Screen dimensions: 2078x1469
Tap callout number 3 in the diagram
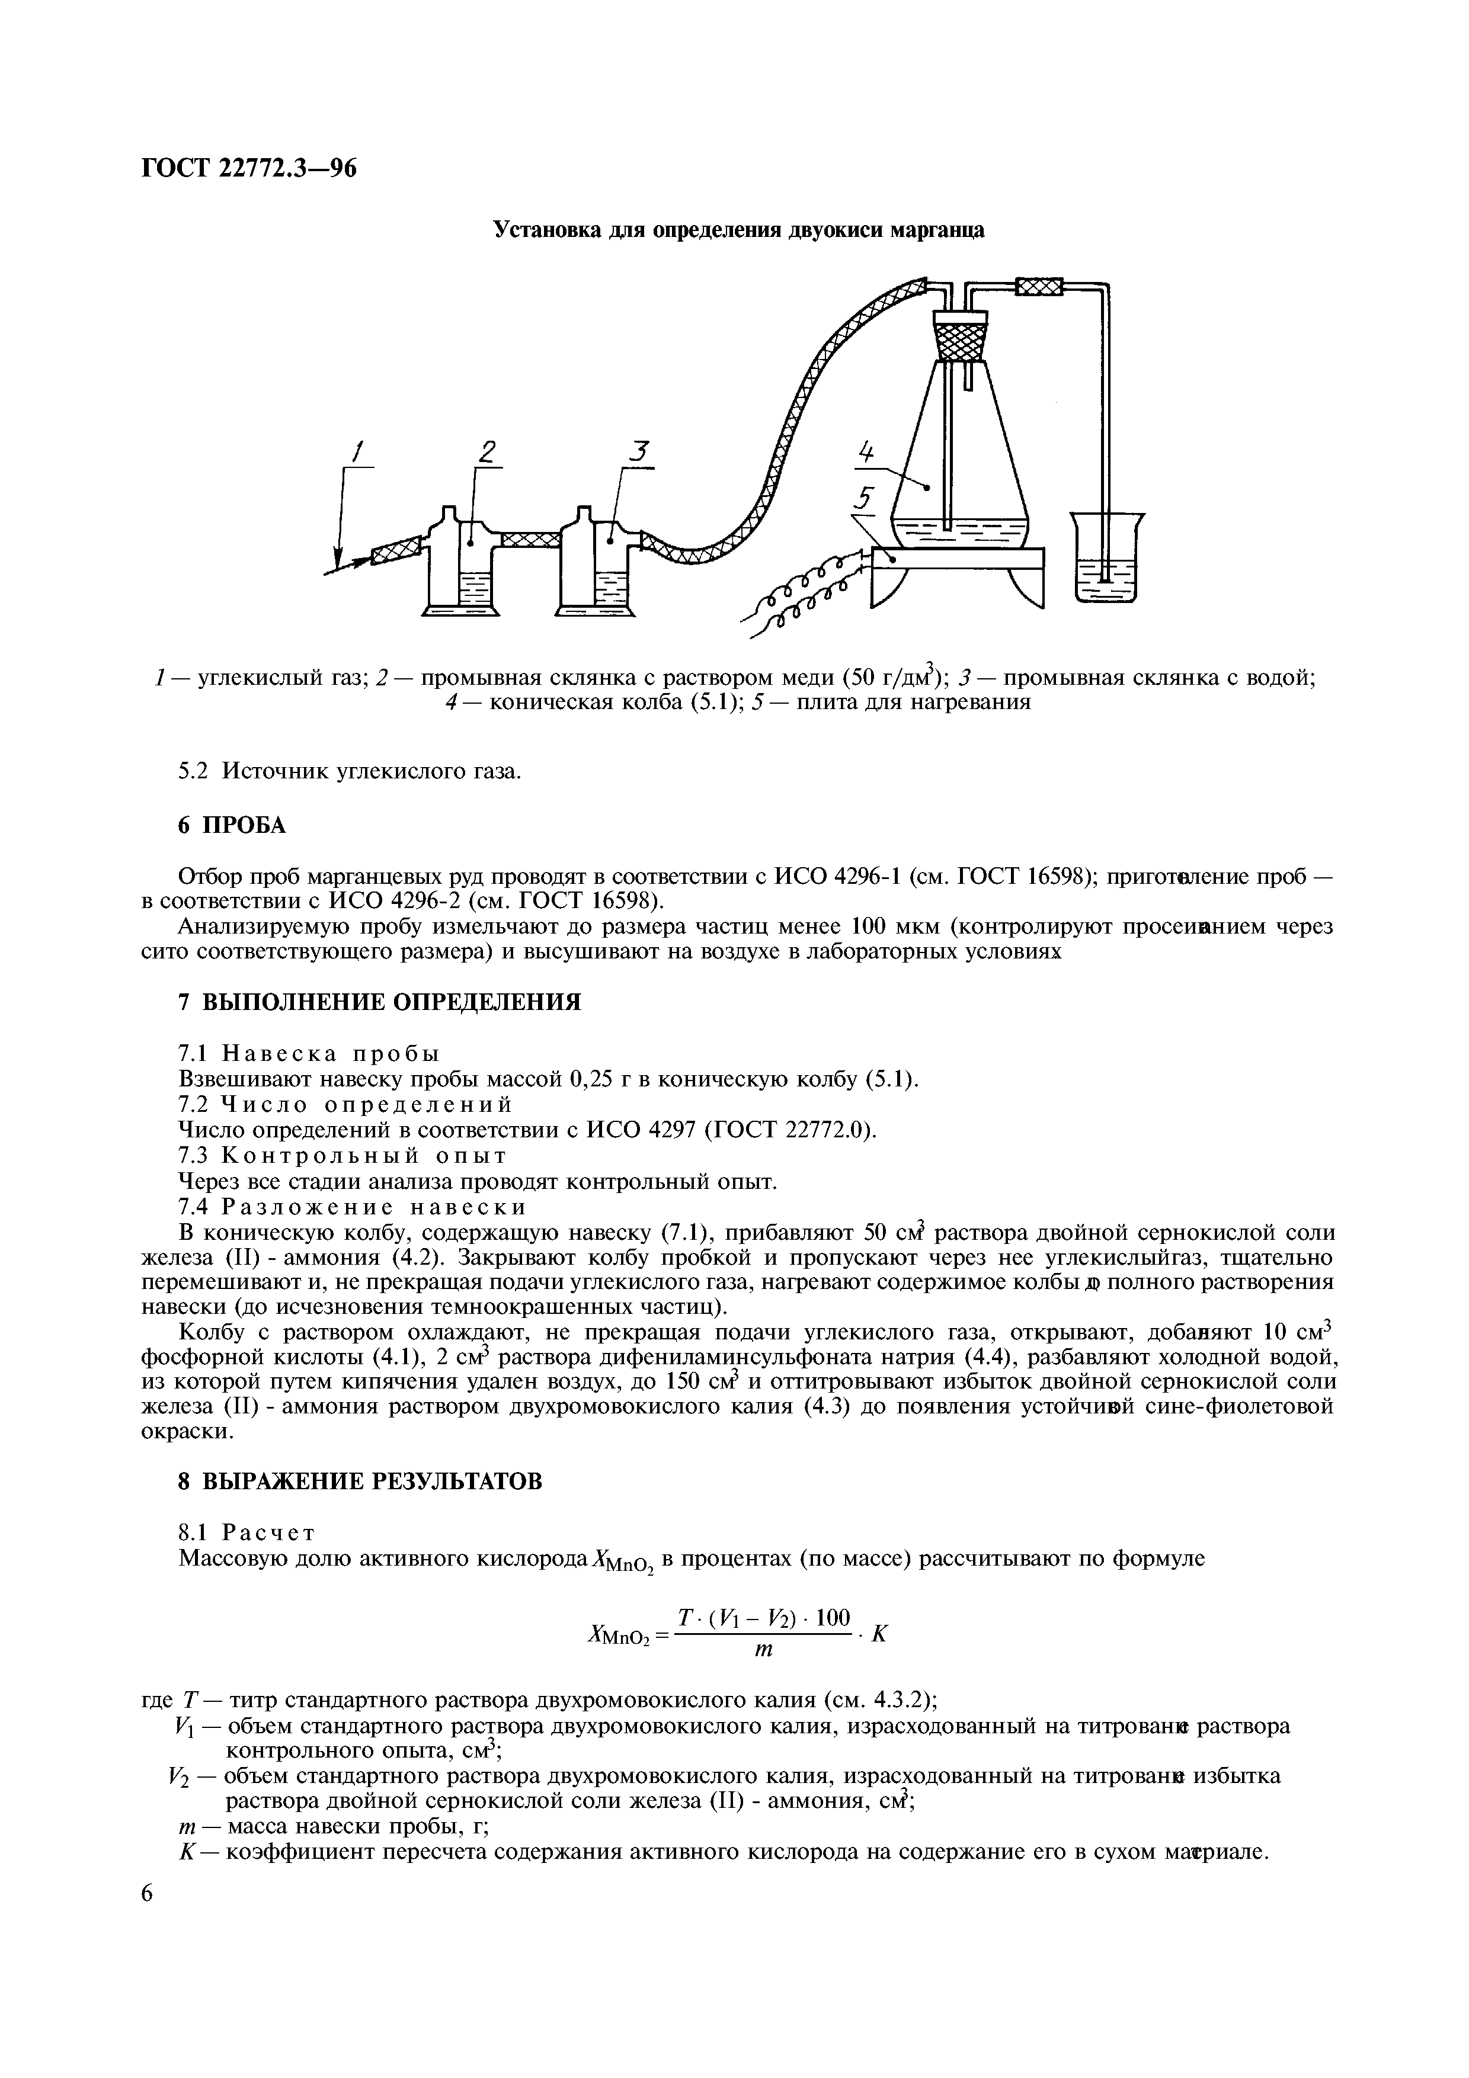(642, 450)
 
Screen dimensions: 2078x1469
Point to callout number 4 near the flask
(866, 451)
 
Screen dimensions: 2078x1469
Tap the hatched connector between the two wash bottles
(527, 540)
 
